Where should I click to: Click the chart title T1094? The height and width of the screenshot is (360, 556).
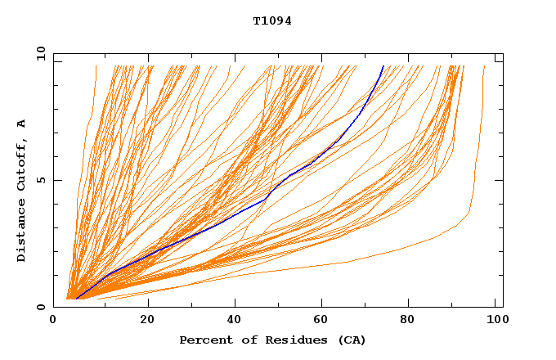pos(272,21)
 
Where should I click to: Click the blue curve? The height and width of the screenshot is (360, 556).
pos(245,210)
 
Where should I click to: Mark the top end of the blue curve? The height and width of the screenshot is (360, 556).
pos(383,65)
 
